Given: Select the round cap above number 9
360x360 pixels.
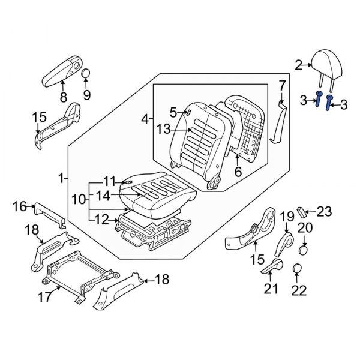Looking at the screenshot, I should (86, 74).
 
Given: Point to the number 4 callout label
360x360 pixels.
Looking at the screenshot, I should (145, 120).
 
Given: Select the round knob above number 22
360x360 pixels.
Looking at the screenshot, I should (297, 268).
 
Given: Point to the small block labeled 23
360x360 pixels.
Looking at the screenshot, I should (303, 211).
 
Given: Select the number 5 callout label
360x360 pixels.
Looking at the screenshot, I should (173, 112).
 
